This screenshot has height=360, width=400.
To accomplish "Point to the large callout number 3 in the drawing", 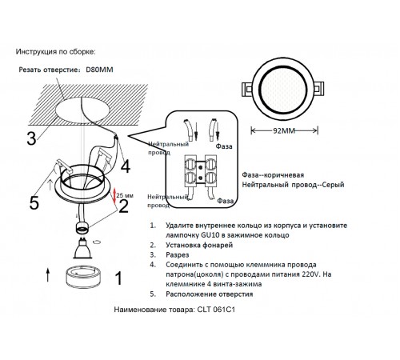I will tap(30, 138).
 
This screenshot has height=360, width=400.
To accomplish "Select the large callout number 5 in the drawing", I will tap(12, 203).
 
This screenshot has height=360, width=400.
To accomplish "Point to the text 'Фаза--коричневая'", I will tap(273, 173).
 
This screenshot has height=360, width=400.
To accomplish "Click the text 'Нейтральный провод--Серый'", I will tap(294, 185).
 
